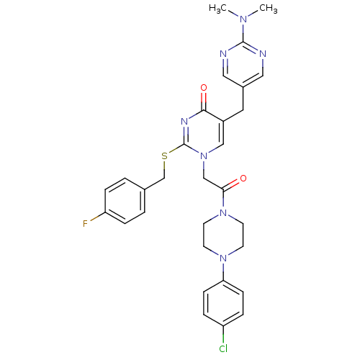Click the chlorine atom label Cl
coord(223,348)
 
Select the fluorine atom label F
coord(85,224)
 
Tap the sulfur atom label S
coord(164,156)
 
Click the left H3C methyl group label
coord(217,8)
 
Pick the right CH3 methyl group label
coord(269,8)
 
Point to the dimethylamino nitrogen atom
coord(243,19)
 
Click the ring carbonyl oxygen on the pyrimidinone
coord(204,88)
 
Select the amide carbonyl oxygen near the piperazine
coord(243,179)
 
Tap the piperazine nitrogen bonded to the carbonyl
coord(223,212)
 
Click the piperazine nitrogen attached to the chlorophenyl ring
coord(223,258)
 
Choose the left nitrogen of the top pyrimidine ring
coord(223,54)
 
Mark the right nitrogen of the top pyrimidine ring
coord(263,54)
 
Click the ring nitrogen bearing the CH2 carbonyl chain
coord(204,156)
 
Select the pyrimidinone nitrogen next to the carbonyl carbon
coord(184,122)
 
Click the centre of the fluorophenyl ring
coord(125,201)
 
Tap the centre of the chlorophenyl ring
coord(223,303)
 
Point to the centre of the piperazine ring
coord(223,235)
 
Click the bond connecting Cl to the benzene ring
coord(223,335)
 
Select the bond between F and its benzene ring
coord(97,217)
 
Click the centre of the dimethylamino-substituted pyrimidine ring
coord(243,65)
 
